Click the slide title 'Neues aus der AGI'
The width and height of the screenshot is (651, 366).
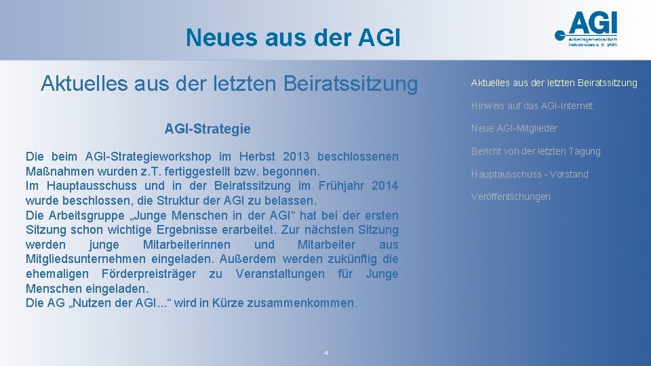tap(293, 37)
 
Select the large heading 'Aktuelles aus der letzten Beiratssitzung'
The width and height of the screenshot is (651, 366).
tap(229, 83)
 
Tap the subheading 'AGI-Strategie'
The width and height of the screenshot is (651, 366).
tap(208, 129)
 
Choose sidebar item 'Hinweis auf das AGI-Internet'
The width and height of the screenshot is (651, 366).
tap(532, 106)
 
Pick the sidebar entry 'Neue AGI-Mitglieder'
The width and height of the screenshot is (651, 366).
tap(514, 128)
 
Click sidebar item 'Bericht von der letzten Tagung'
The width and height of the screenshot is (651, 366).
tap(536, 151)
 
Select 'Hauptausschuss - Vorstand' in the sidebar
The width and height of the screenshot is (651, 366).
tap(530, 174)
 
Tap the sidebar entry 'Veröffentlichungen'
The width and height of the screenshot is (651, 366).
tap(511, 197)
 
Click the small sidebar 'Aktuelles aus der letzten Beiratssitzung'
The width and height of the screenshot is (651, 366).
tap(554, 83)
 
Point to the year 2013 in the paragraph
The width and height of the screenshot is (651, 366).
tap(296, 157)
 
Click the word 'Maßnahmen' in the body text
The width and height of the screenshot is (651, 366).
tap(56, 171)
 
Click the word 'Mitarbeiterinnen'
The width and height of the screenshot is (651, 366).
tap(186, 245)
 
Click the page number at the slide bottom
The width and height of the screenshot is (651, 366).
tap(326, 353)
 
